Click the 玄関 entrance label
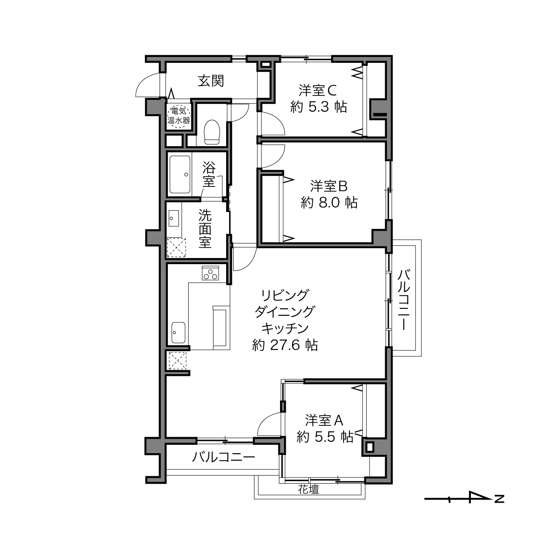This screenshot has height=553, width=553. pos(211,81)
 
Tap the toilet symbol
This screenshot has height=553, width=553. pos(212,132)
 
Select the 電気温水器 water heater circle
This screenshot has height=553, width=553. pos(178,115)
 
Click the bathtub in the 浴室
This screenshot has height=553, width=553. pos(180,174)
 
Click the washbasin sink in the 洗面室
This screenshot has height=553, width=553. pos(174,218)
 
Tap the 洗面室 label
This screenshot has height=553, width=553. pos(205,229)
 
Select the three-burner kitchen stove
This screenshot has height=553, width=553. pos(210,273)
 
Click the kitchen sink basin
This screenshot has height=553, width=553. pos(178,332)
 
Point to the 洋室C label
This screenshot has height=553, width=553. pos(318,91)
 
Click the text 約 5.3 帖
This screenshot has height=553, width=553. pos(318,107)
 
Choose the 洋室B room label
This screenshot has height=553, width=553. pos(329,186)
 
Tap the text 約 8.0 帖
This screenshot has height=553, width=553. pos(329,203)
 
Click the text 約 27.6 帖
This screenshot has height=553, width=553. pos(285,345)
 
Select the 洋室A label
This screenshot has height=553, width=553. pos(325,420)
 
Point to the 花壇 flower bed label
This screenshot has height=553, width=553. pos(308,489)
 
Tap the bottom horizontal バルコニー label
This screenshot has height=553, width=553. pos(223,458)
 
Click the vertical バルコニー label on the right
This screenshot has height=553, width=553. pos(404,299)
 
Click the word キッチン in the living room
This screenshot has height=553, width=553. pos(285,329)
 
